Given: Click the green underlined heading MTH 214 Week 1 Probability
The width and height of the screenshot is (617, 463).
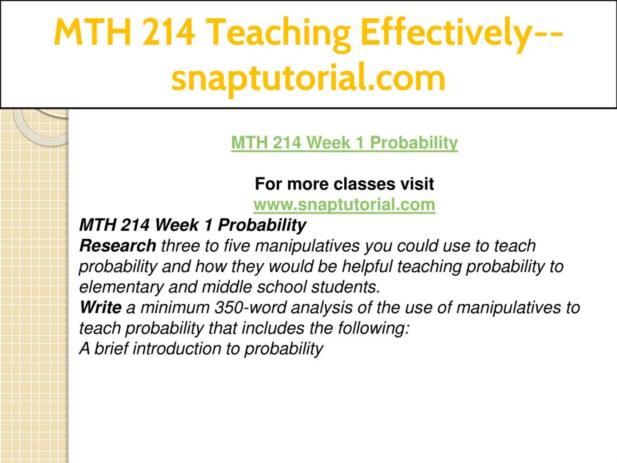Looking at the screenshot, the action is (x=344, y=143).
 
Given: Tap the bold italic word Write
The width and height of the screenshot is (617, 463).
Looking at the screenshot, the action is (x=101, y=307).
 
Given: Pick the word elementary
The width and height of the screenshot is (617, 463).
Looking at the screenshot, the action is (x=121, y=287).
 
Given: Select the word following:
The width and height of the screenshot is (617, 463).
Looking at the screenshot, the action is (x=374, y=328).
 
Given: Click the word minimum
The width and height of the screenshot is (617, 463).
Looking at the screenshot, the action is (x=175, y=307).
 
